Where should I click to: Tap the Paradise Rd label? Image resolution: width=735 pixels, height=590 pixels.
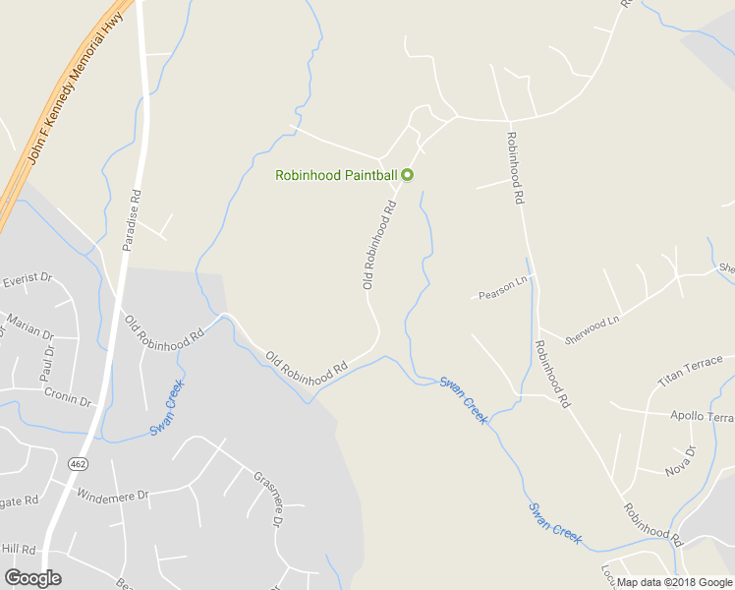[x=131, y=220]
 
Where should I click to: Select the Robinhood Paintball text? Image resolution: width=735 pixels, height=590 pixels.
[x=335, y=176]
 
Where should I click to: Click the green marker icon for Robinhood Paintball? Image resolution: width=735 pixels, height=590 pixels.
[x=408, y=175]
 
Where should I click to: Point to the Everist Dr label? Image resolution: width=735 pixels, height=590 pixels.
[x=27, y=280]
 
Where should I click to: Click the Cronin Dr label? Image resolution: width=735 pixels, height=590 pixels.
[x=67, y=396]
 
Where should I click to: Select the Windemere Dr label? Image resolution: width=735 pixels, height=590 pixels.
[x=112, y=495]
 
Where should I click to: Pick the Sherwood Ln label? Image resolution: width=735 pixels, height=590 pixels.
[x=593, y=328]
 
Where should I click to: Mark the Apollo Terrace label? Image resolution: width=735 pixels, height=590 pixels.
[x=701, y=416]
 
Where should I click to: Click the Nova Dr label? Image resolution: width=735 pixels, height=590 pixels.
[x=680, y=459]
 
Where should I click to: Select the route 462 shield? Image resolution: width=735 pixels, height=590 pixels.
[x=78, y=462]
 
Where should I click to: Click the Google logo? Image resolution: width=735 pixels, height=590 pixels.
[x=32, y=578]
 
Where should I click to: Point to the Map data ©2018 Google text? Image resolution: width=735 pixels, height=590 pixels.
[x=674, y=582]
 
